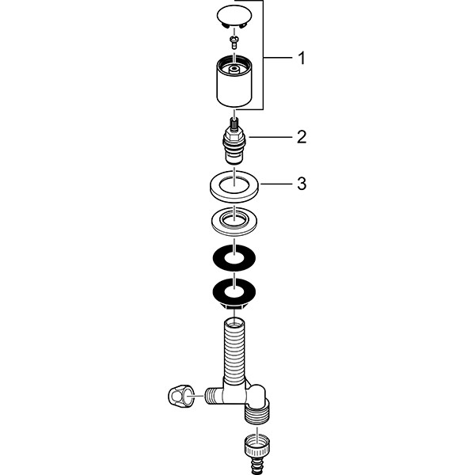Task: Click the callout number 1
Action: (x=302, y=58)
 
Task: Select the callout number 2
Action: (x=302, y=137)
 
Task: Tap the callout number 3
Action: (x=302, y=184)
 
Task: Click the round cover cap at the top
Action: (x=234, y=17)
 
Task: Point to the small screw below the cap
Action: (x=234, y=42)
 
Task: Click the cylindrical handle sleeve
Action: (x=234, y=81)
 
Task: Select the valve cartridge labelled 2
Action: (x=234, y=141)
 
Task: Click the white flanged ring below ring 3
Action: (x=234, y=221)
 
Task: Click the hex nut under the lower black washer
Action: (x=234, y=306)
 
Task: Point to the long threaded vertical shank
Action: (x=234, y=348)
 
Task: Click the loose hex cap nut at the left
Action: (x=180, y=397)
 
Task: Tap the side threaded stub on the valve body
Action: (x=214, y=396)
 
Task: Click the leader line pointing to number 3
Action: (x=276, y=184)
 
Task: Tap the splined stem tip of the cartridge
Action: (x=234, y=123)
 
